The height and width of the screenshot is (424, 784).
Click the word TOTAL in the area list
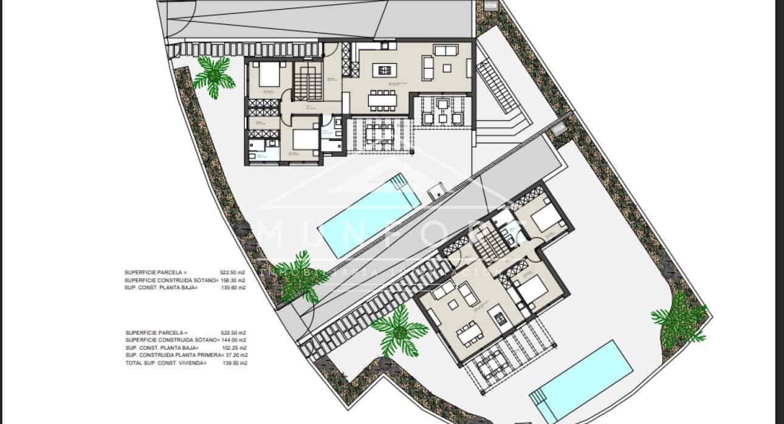click(134, 363)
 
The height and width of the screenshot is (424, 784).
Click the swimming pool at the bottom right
click(578, 380)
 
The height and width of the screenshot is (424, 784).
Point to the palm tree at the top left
click(213, 76)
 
